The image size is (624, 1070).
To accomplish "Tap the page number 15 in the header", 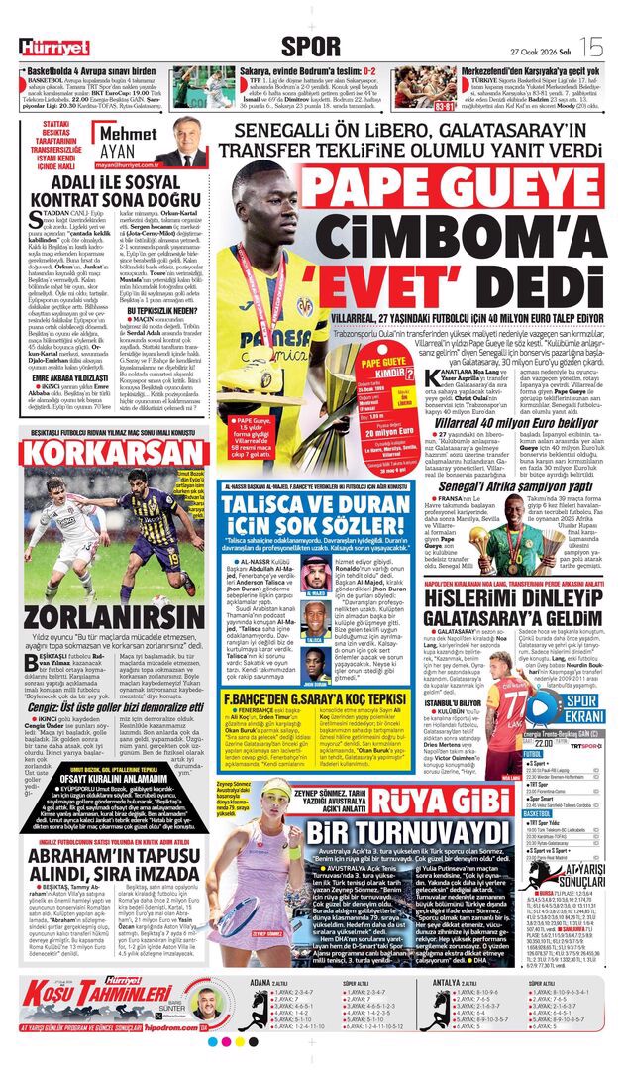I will (590, 45).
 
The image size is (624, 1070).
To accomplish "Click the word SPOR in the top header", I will (310, 45).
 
